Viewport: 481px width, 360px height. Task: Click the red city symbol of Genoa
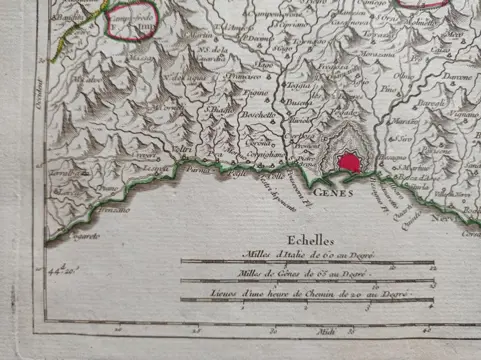coord(349,161)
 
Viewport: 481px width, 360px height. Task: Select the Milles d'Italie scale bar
coord(305,263)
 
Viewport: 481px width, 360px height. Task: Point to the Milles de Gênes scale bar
coord(305,281)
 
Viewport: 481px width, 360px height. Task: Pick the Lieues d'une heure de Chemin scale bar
coord(305,300)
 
